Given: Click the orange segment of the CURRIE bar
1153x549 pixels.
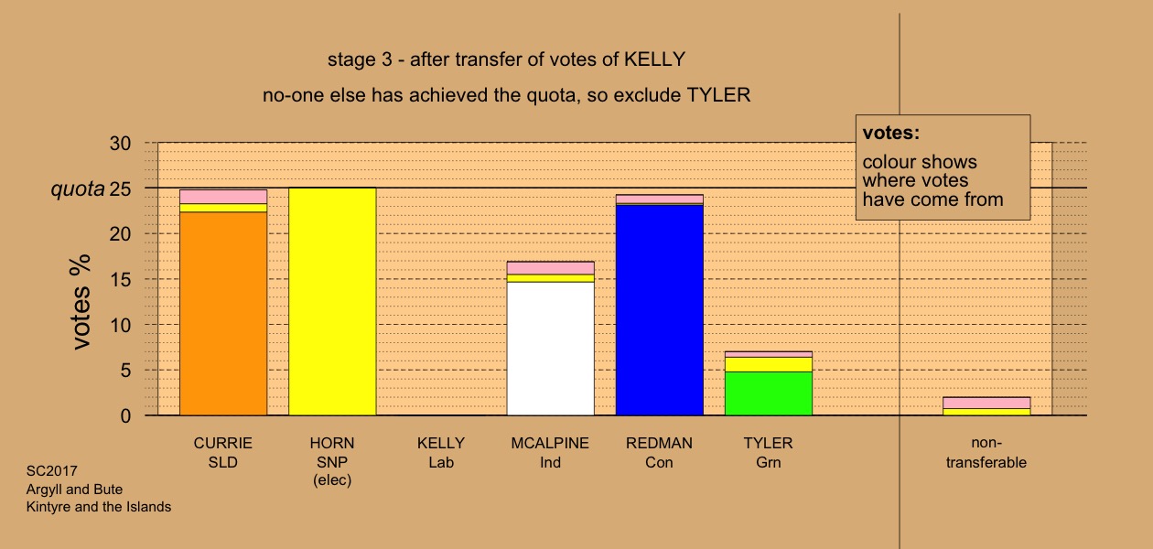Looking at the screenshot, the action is pos(223,313).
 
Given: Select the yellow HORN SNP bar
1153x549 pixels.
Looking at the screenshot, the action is pos(332,302).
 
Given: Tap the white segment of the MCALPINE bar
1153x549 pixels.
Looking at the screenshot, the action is pos(550,349).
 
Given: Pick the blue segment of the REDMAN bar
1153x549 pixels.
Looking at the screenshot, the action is pos(660,310).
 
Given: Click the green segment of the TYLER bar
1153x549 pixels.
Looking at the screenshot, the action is pos(769,393).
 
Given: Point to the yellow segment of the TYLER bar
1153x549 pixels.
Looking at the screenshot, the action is pos(769,364).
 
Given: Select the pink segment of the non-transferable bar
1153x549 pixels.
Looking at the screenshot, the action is pos(986,403).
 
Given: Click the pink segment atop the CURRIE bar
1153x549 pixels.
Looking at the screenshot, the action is pos(223,197).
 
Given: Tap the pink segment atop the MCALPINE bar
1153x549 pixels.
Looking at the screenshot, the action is pos(550,268).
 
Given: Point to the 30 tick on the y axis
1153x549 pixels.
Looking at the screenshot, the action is pos(120,144).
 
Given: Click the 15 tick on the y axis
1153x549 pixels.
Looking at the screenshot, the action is pos(120,280).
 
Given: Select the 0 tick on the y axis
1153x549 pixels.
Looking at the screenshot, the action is pos(125,416).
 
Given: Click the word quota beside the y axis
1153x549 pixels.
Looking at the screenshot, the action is pos(78,189).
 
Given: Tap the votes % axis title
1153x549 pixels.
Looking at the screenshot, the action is pos(81,302).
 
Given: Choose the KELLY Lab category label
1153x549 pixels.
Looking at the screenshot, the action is pos(441,453).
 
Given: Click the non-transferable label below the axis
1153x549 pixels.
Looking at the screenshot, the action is pos(986,453).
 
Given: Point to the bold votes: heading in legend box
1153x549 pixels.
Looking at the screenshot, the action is pos(891,134).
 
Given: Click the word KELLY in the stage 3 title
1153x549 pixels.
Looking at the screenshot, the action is pos(655,59).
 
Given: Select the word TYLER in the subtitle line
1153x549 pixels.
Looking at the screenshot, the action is pos(718,95).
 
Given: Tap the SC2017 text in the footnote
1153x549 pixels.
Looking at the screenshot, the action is pos(52,471).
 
